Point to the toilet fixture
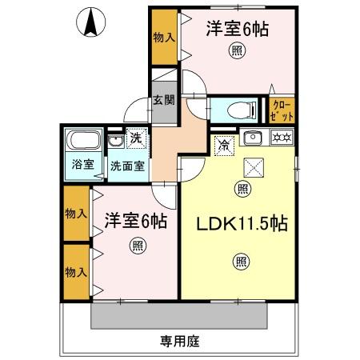click(238, 110)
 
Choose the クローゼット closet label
click(283, 110)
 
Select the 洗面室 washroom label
click(126, 166)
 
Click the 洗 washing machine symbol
click(136, 138)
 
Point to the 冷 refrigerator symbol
click(225, 145)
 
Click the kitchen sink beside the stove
click(252, 138)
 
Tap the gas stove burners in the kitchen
click(281, 138)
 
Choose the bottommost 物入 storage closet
click(76, 272)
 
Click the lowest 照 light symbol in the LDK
click(242, 261)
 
